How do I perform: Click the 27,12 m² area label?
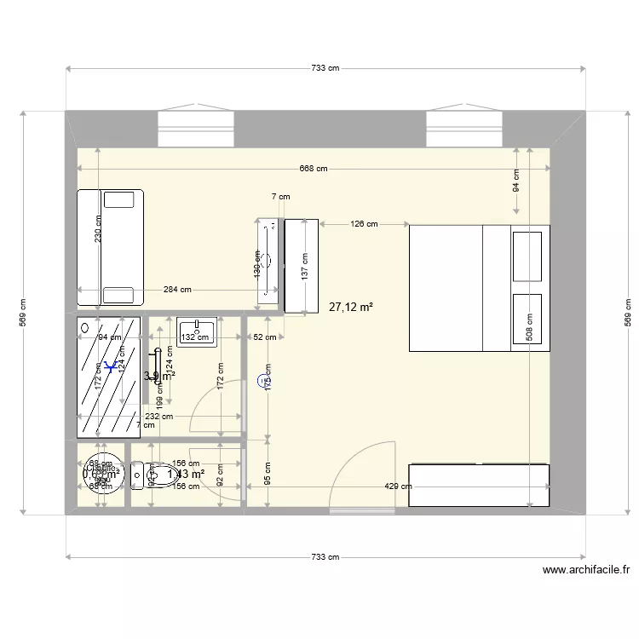click(351, 308)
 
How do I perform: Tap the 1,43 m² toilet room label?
click(186, 475)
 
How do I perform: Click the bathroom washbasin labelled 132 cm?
click(198, 331)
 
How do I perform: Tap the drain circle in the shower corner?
click(85, 326)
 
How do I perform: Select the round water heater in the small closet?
click(102, 472)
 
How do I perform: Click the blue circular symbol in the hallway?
click(261, 381)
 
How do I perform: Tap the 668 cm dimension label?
click(314, 169)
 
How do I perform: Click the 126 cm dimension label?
click(364, 224)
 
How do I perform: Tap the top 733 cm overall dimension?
click(325, 68)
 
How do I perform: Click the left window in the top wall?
click(196, 125)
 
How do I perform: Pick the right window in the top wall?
click(465, 125)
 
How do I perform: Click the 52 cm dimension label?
click(264, 337)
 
